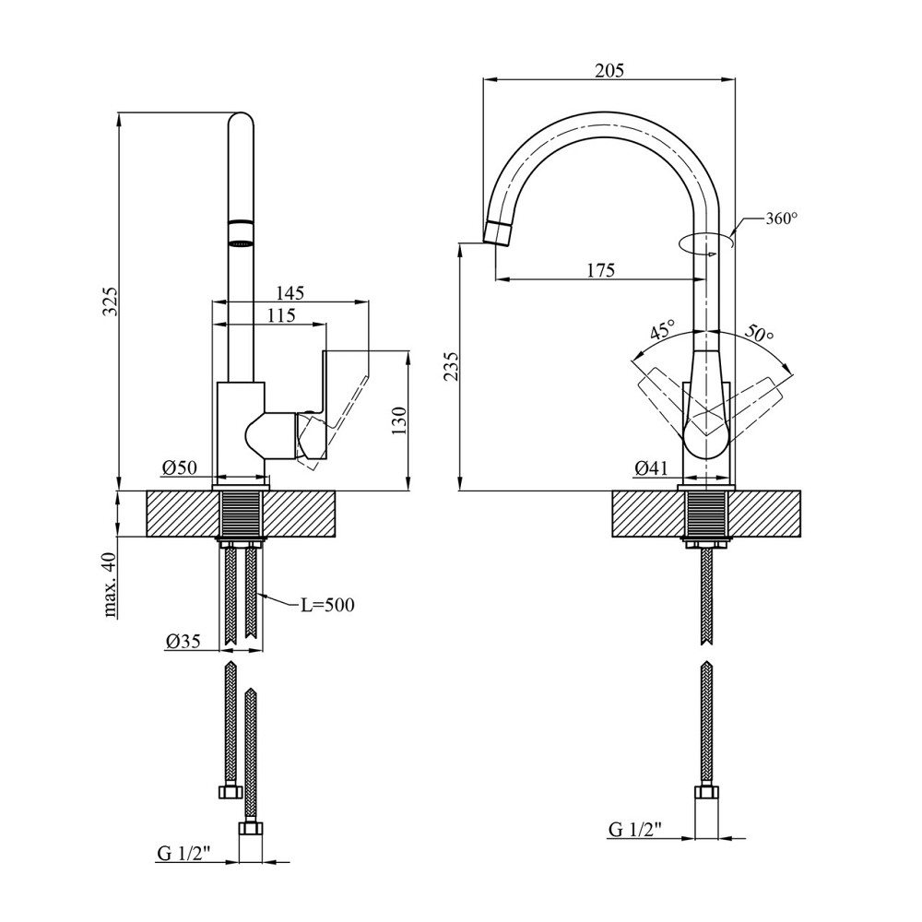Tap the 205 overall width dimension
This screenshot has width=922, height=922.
click(609, 70)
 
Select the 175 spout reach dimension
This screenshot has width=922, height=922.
click(600, 269)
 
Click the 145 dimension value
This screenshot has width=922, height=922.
click(289, 292)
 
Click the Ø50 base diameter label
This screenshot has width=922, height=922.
click(181, 468)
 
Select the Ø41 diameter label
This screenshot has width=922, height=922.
click(651, 468)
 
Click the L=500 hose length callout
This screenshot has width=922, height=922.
click(327, 605)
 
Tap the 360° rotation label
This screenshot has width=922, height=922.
click(780, 219)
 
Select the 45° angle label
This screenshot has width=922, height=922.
click(662, 332)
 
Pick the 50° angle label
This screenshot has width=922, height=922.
click(758, 334)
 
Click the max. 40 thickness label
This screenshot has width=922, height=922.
click(111, 585)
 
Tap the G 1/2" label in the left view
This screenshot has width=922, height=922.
click(183, 854)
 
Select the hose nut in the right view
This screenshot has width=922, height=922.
click(706, 796)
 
